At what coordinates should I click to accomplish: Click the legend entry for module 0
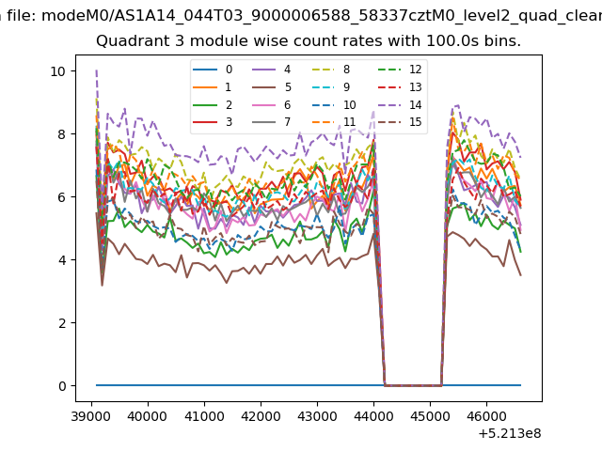click(213, 70)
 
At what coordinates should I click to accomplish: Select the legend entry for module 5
click(272, 87)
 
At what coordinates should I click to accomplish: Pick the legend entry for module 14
click(400, 104)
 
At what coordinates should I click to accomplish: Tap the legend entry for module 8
click(330, 70)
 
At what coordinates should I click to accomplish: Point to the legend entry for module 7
click(272, 122)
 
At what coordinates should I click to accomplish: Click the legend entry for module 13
click(400, 87)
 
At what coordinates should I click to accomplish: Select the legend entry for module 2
click(213, 104)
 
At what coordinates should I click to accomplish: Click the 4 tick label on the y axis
click(62, 260)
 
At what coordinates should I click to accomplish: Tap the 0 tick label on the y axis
click(62, 386)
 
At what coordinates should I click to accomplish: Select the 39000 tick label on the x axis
click(91, 416)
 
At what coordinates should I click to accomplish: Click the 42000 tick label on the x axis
click(261, 416)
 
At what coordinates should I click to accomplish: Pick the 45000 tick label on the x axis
click(430, 416)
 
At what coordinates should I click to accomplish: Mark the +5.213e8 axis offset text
click(510, 434)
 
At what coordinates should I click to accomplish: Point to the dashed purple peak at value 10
click(96, 70)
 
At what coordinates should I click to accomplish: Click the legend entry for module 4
click(272, 70)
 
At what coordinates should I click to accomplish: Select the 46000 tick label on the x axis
click(486, 416)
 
